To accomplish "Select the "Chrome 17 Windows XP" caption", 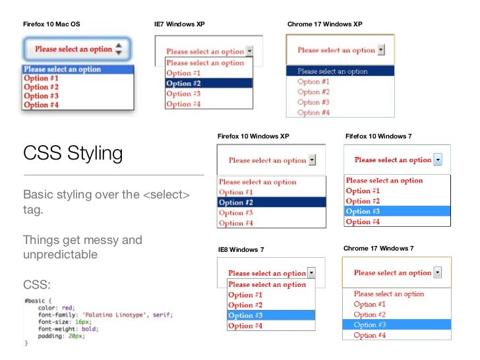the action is (324, 24).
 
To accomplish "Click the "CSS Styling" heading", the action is (73, 154).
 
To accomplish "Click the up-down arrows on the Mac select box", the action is (118, 49).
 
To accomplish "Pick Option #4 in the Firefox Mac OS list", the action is (41, 105).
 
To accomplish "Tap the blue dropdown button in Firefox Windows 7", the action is (437, 160).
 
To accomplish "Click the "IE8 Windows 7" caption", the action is (241, 251).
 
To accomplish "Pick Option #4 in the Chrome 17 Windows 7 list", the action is (369, 335).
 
